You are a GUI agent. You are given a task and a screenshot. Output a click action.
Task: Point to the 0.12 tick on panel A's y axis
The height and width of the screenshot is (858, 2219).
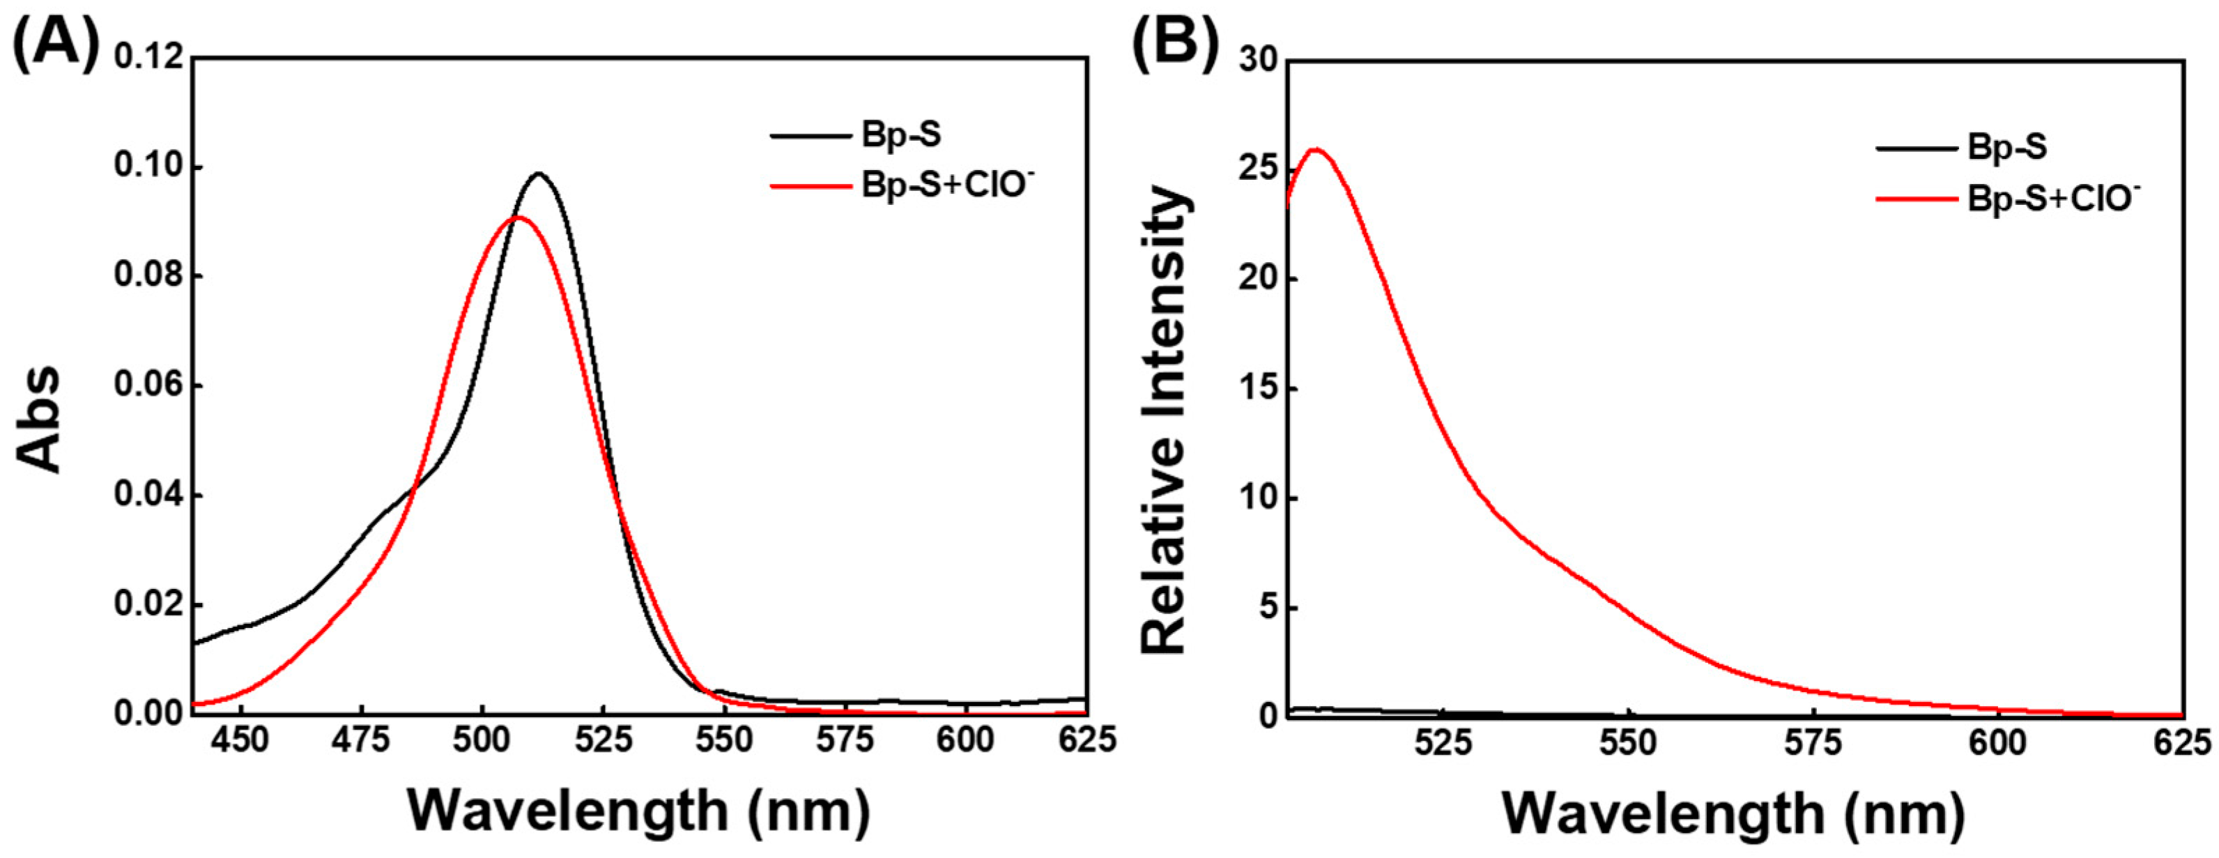pyautogui.click(x=149, y=58)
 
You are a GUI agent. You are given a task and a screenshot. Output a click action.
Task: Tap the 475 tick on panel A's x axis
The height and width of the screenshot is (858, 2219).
pyautogui.click(x=361, y=739)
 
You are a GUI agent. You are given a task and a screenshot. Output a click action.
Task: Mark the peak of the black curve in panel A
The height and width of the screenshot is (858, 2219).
pyautogui.click(x=539, y=174)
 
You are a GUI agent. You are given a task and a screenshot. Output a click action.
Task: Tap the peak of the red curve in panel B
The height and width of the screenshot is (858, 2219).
pyautogui.click(x=1315, y=149)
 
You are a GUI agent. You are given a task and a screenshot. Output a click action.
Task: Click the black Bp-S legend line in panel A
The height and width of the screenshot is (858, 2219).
pyautogui.click(x=809, y=135)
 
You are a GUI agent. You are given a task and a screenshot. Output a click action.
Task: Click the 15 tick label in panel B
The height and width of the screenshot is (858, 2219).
pyautogui.click(x=1259, y=388)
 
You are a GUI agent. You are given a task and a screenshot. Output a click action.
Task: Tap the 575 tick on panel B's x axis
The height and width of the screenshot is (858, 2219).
pyautogui.click(x=1814, y=742)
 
